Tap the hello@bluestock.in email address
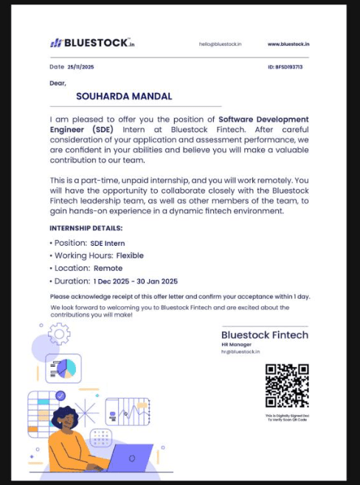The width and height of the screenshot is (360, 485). (x=220, y=44)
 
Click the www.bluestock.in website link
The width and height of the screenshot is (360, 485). (x=288, y=44)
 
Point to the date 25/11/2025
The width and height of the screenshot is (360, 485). (x=80, y=67)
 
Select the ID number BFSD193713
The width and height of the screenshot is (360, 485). (x=289, y=67)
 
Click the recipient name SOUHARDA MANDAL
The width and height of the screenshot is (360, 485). (x=124, y=96)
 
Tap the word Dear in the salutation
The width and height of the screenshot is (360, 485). (x=58, y=83)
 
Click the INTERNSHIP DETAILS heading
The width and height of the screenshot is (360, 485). (x=86, y=228)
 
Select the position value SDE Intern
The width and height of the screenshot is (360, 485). (x=108, y=243)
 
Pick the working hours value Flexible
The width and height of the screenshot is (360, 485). (x=130, y=255)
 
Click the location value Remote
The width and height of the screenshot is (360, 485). (x=108, y=268)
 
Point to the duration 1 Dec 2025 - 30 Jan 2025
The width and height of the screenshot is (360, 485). (x=135, y=281)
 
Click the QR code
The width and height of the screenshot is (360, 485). (x=287, y=385)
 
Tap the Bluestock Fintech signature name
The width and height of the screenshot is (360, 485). (x=265, y=335)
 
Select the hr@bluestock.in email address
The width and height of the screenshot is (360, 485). (x=240, y=352)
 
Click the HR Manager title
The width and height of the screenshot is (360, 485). (x=236, y=345)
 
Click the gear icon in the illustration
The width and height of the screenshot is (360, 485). (x=59, y=334)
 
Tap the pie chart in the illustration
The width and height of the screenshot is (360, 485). (x=66, y=367)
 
